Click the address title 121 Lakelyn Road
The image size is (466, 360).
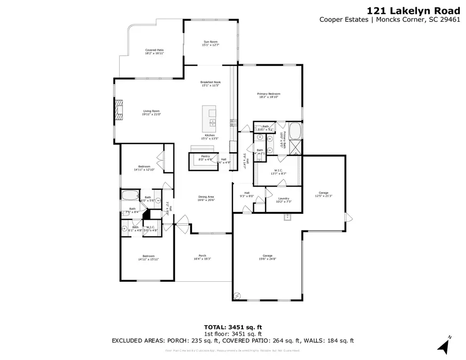pyautogui.click(x=413, y=10)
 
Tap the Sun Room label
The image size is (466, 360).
pyautogui.click(x=210, y=43)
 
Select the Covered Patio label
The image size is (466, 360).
pyautogui.click(x=154, y=51)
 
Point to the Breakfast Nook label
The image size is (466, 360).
pyautogui.click(x=210, y=84)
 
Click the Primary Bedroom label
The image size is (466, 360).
pyautogui.click(x=269, y=95)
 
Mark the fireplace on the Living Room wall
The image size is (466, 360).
pyautogui.click(x=120, y=110)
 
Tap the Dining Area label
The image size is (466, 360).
pyautogui.click(x=206, y=198)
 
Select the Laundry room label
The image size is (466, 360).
pyautogui.click(x=283, y=199)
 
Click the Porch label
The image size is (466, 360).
pyautogui.click(x=202, y=257)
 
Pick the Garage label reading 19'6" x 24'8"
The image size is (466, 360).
pyautogui.click(x=267, y=257)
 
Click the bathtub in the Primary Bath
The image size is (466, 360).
pyautogui.click(x=295, y=131)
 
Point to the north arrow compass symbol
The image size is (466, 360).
pyautogui.click(x=444, y=344)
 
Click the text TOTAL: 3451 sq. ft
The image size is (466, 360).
pyautogui.click(x=232, y=327)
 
